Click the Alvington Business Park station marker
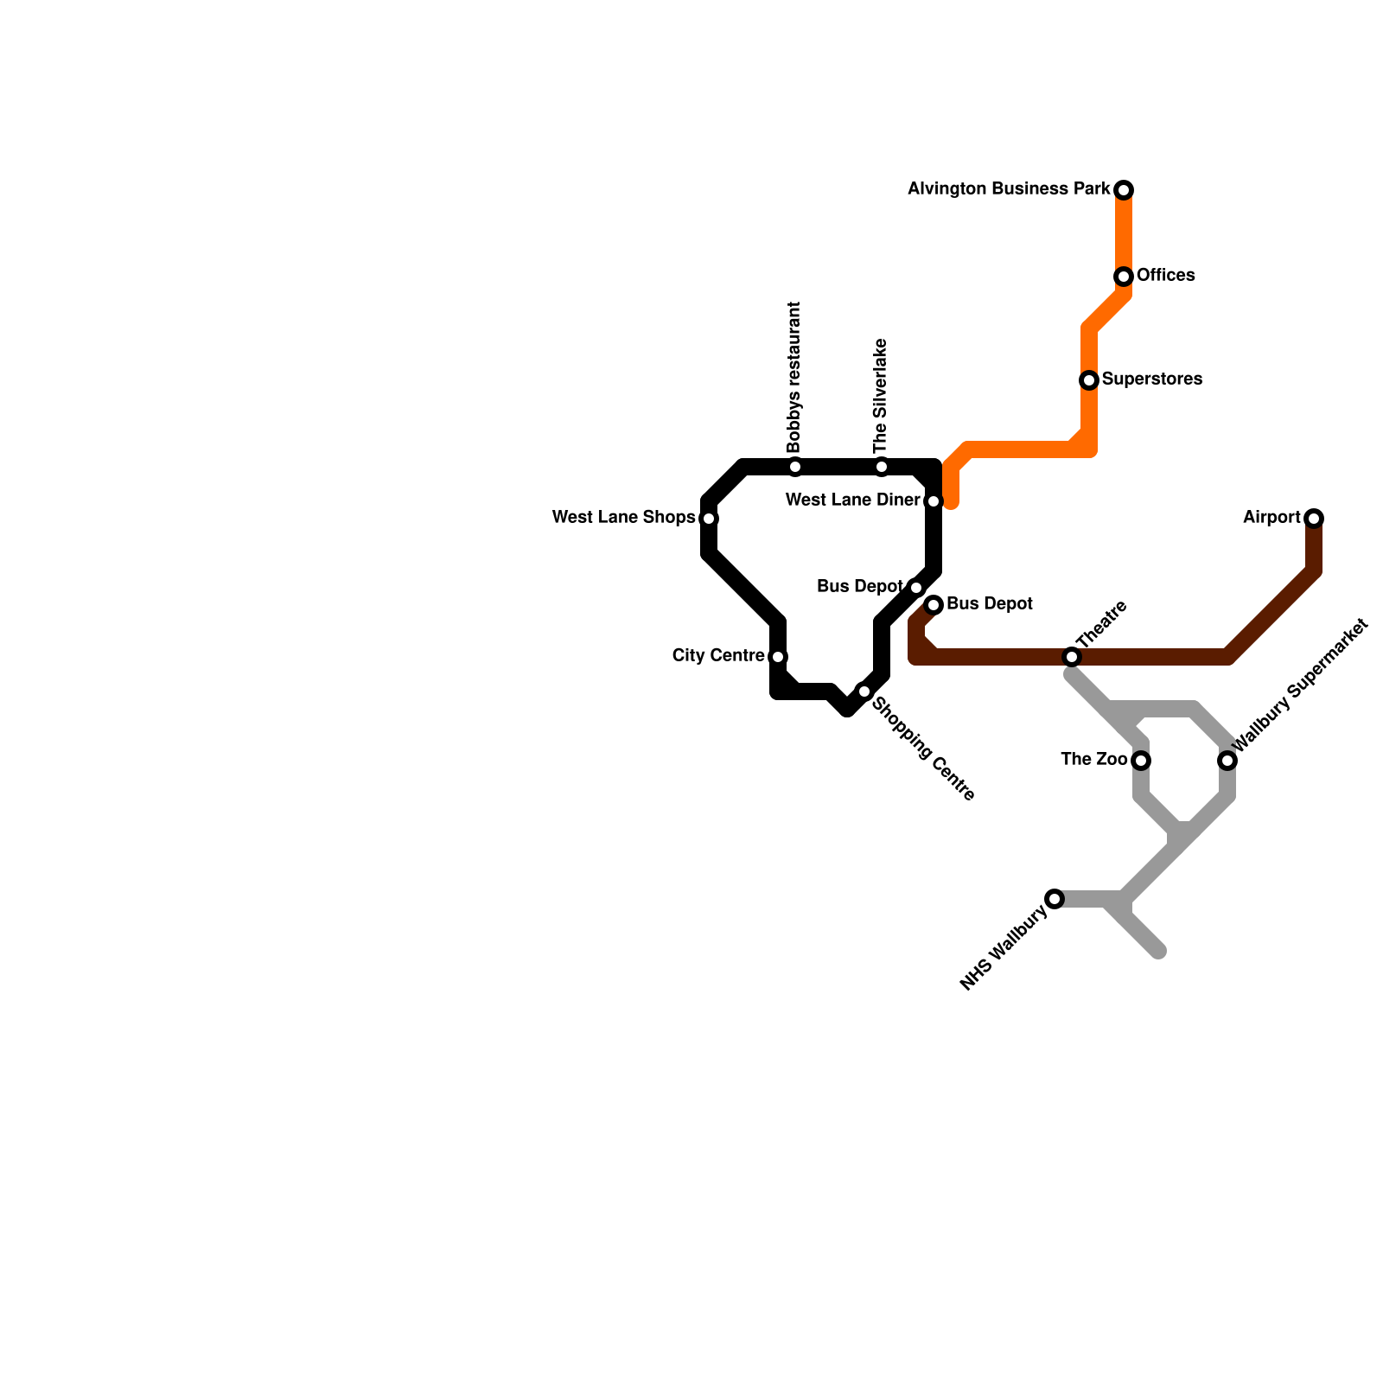point(1124,190)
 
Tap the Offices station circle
point(1124,277)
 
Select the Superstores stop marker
point(1089,380)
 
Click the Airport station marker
point(1314,519)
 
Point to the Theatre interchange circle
point(1072,657)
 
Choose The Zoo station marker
point(1141,761)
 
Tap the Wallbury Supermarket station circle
point(1227,761)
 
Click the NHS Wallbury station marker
point(1055,899)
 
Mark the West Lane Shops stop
point(709,519)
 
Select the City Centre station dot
point(778,657)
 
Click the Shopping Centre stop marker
point(864,691)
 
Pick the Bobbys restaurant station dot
point(795,467)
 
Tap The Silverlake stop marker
point(882,467)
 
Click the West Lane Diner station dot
point(934,501)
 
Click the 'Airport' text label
point(1271,518)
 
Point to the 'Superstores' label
point(1151,379)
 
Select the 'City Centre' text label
point(718,656)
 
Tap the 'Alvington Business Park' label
point(1009,188)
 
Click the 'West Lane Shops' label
point(623,518)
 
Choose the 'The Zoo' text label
point(1094,760)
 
